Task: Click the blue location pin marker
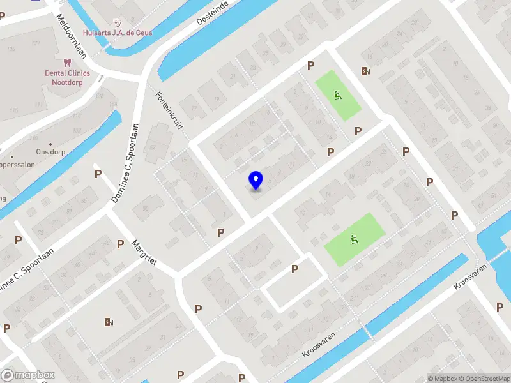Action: click(256, 181)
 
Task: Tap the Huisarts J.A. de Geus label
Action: click(118, 33)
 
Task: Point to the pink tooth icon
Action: click(66, 63)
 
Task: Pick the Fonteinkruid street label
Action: click(169, 110)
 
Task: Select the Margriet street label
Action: click(144, 253)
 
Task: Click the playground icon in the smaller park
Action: click(337, 96)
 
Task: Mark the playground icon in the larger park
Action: click(353, 240)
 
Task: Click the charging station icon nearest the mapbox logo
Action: click(109, 322)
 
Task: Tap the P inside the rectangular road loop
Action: click(294, 269)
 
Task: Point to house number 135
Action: click(10, 49)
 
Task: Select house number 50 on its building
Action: click(146, 209)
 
